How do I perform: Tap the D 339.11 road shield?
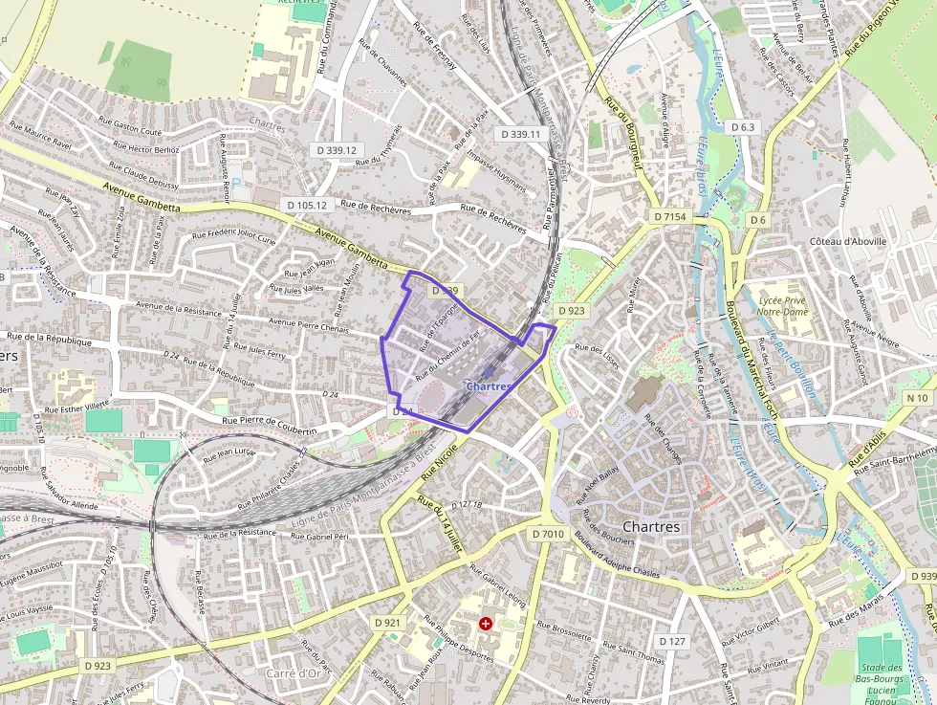(520, 135)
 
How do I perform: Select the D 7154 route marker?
(671, 217)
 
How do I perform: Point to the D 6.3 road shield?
(743, 127)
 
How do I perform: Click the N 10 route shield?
(917, 398)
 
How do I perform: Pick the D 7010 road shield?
(549, 533)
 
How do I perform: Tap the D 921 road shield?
(387, 623)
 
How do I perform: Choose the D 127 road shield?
(672, 641)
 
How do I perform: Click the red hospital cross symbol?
(486, 624)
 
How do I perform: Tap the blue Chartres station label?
(489, 386)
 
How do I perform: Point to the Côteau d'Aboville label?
(848, 242)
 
